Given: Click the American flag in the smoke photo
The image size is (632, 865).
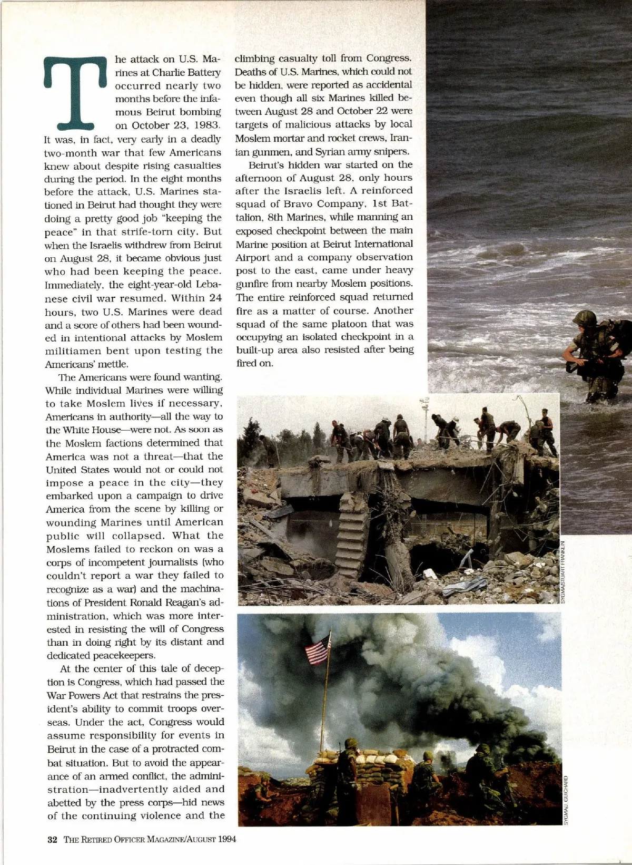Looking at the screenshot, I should click(x=318, y=649).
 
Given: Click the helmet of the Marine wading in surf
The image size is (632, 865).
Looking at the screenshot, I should click(x=585, y=318).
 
